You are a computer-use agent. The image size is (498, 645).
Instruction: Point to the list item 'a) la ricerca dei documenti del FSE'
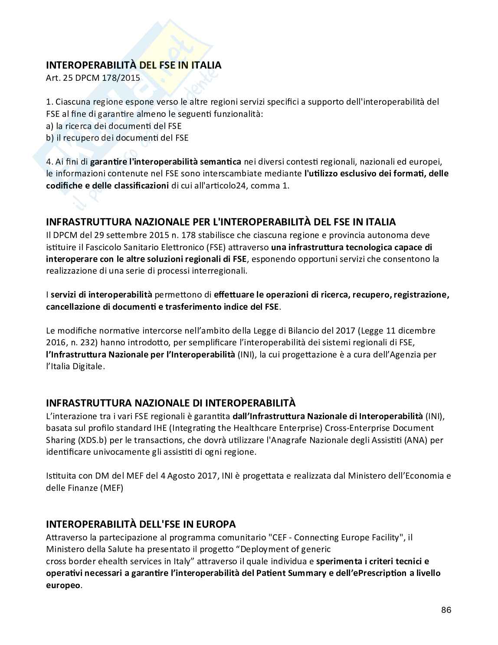pos(114,126)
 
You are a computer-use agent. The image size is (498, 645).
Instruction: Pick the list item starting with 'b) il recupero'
pos(117,138)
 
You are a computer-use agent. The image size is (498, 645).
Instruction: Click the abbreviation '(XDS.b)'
pos(93,440)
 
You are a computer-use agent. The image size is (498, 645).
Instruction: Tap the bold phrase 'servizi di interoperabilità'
pos(102,294)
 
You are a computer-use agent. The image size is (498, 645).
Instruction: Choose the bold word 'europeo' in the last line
pos(63,585)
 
